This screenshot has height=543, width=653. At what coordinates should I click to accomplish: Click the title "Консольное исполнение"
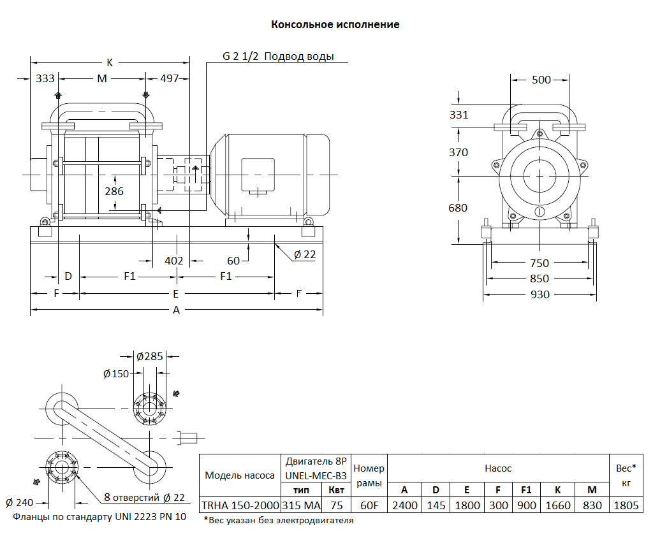pyautogui.click(x=335, y=25)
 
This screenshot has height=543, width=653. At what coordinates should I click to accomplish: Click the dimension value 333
pyautogui.click(x=45, y=78)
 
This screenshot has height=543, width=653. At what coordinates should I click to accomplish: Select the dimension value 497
pyautogui.click(x=170, y=78)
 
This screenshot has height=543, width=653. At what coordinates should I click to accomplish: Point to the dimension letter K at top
pyautogui.click(x=110, y=62)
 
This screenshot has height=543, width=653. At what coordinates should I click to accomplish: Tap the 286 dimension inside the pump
pyautogui.click(x=114, y=191)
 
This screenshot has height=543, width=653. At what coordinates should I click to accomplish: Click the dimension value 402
pyautogui.click(x=173, y=261)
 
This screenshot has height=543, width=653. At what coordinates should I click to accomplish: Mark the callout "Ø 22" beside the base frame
pyautogui.click(x=305, y=254)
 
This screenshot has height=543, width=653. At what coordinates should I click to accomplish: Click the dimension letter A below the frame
pyautogui.click(x=177, y=310)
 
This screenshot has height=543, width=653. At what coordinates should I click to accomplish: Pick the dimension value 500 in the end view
pyautogui.click(x=541, y=80)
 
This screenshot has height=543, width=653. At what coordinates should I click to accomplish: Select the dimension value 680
pyautogui.click(x=458, y=208)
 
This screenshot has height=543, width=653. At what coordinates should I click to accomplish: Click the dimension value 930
pyautogui.click(x=539, y=294)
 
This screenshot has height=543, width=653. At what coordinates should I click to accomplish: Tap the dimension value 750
pyautogui.click(x=539, y=263)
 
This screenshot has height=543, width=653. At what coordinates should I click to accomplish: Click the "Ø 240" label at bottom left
pyautogui.click(x=19, y=502)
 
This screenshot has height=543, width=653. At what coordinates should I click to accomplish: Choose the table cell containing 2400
pyautogui.click(x=404, y=505)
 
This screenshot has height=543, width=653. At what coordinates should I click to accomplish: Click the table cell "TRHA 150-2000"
pyautogui.click(x=240, y=505)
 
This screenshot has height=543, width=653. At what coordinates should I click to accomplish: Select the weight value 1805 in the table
pyautogui.click(x=626, y=505)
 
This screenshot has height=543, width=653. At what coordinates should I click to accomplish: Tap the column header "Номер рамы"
pyautogui.click(x=369, y=475)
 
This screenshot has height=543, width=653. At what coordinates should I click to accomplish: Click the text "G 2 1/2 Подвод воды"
pyautogui.click(x=278, y=57)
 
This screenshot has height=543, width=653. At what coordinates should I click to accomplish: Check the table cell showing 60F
pyautogui.click(x=369, y=505)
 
